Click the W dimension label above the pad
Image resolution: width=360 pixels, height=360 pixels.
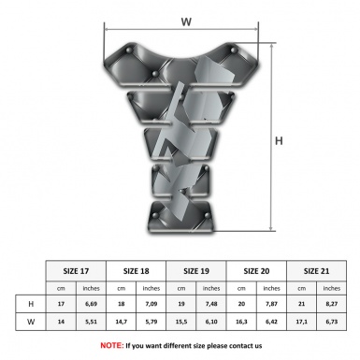pos(186,22)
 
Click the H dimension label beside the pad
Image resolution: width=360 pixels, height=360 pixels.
pos(279,141)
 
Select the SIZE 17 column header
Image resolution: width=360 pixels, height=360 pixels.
pos(76,271)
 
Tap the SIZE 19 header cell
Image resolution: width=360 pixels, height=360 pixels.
pos(196,271)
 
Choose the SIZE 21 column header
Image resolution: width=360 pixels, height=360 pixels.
pos(316,271)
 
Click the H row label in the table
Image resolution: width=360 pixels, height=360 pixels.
pos(31,304)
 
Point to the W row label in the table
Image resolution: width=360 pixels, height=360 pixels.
pos(31,322)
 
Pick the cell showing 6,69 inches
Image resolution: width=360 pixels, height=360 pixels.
pos(91,304)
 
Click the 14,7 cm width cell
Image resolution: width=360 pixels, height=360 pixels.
pos(121,322)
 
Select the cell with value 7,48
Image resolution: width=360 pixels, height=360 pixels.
pos(211,304)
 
